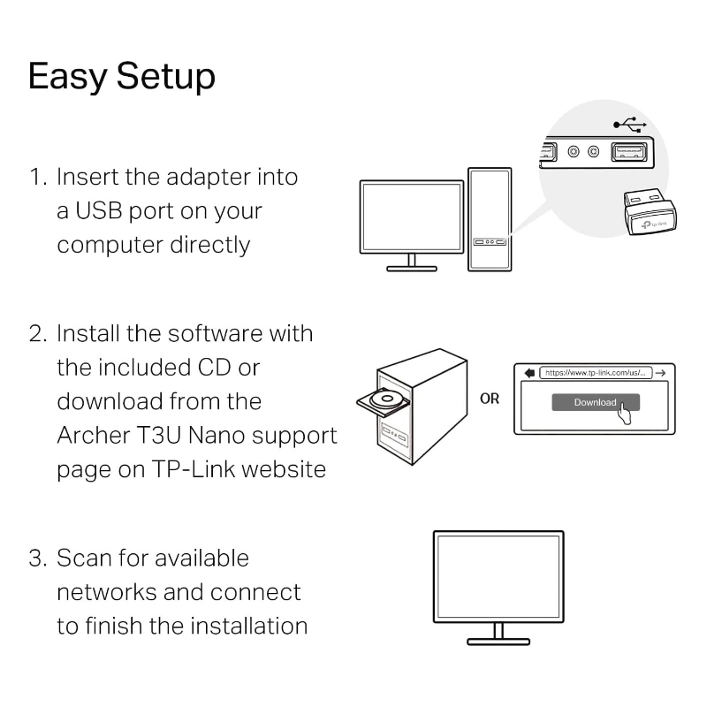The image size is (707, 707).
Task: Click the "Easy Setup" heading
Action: (x=121, y=78)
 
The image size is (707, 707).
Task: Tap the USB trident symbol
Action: (x=628, y=125)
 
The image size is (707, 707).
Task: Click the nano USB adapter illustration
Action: (x=648, y=213)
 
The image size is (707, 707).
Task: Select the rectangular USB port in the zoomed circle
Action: (x=630, y=152)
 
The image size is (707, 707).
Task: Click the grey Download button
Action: (x=595, y=402)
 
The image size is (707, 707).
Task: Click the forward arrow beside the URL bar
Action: (x=661, y=372)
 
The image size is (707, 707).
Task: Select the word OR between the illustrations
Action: (x=490, y=399)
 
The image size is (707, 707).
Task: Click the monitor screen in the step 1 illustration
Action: (x=412, y=217)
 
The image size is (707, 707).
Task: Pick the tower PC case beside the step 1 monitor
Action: (x=490, y=218)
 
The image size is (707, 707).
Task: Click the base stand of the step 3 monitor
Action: (x=498, y=640)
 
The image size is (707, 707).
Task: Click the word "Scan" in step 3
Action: (x=86, y=559)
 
